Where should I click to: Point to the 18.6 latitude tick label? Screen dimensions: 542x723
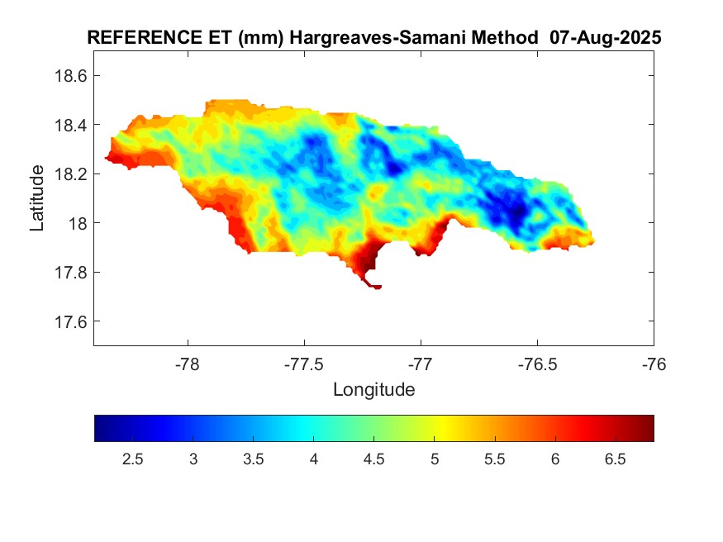click(x=70, y=76)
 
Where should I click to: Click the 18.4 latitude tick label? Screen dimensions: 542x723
click(x=70, y=125)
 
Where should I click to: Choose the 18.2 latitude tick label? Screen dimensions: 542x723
click(x=70, y=174)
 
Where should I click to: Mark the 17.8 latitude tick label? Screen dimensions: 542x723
click(x=70, y=273)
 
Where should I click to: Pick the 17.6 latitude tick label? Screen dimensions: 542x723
click(x=70, y=321)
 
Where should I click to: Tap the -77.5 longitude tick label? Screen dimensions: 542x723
click(x=305, y=364)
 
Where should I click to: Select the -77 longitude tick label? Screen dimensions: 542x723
click(x=421, y=364)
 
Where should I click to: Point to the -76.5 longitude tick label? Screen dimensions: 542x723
click(x=538, y=364)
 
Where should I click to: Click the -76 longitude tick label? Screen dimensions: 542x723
click(x=654, y=364)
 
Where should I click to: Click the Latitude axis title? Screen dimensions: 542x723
click(x=37, y=198)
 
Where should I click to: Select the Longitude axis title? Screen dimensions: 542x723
click(x=373, y=389)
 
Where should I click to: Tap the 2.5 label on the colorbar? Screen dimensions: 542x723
click(x=132, y=459)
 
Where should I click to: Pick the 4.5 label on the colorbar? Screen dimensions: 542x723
click(x=373, y=459)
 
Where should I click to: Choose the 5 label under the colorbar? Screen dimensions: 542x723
click(x=435, y=459)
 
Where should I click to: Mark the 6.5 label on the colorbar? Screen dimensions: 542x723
click(x=615, y=459)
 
